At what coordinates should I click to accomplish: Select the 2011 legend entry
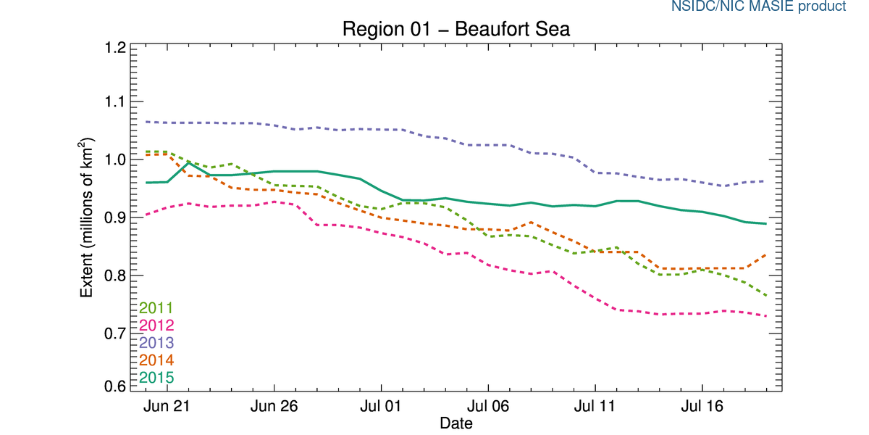click(156, 308)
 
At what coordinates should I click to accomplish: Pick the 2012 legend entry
click(156, 326)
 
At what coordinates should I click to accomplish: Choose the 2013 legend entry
click(156, 342)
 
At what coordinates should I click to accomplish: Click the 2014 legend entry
click(156, 360)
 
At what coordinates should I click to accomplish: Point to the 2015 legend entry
click(156, 377)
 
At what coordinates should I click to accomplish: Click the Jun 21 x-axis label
click(167, 407)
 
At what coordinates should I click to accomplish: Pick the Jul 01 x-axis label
click(381, 407)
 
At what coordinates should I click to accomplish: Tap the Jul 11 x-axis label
click(595, 407)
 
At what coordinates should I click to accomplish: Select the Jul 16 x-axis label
click(702, 407)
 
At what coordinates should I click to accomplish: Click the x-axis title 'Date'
click(456, 423)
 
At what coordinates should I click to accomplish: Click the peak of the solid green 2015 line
click(188, 163)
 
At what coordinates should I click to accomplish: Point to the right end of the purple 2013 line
click(766, 181)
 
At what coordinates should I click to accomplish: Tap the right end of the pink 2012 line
click(766, 315)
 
